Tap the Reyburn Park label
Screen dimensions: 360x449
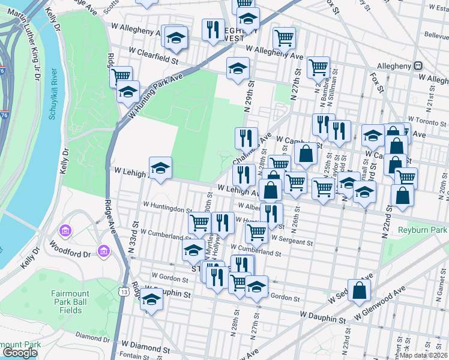(x=423, y=230)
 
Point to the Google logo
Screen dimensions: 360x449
(x=20, y=353)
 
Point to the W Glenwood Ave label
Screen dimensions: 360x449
(x=380, y=304)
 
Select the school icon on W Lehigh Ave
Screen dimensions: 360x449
(x=160, y=169)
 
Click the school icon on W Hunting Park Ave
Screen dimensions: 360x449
(x=128, y=92)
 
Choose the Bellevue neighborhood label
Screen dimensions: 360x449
(x=436, y=35)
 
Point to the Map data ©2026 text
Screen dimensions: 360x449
(x=423, y=355)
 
